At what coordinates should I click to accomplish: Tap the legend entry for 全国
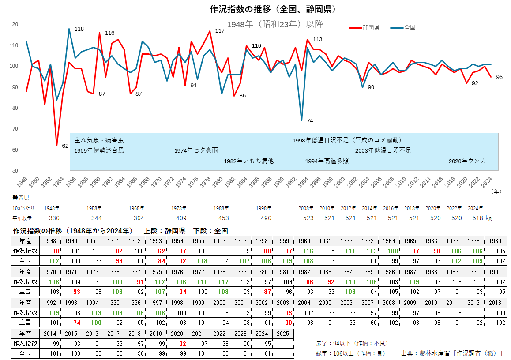[409, 27]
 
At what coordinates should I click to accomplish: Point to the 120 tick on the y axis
[14, 24]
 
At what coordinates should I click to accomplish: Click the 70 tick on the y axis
[15, 129]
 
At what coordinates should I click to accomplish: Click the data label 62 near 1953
[65, 146]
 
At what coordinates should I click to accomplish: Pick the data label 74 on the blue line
[310, 121]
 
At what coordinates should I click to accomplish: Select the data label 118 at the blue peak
[79, 29]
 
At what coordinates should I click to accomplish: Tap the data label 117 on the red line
[220, 31]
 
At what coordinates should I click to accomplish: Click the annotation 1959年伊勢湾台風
[99, 150]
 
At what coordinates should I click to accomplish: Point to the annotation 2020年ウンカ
[467, 161]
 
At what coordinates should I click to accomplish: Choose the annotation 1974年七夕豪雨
[196, 150]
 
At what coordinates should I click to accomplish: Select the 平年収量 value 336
[54, 218]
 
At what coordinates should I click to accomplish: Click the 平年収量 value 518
[477, 218]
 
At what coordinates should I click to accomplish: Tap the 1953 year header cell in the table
[156, 241]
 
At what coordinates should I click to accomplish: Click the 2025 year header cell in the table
[283, 334]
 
